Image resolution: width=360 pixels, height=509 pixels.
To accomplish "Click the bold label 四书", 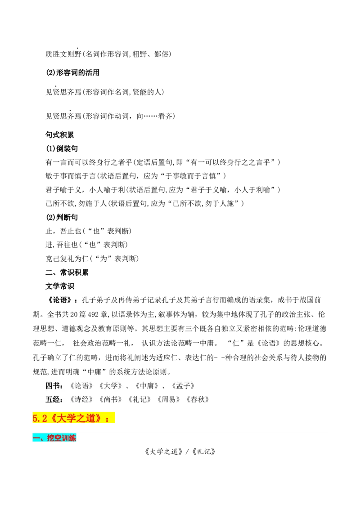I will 53,386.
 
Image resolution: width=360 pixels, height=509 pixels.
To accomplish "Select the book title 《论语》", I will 81,386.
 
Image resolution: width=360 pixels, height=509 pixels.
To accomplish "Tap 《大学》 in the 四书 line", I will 110,386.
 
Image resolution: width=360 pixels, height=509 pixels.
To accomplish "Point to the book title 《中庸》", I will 147,386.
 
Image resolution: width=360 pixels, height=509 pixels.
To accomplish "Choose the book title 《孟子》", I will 183,386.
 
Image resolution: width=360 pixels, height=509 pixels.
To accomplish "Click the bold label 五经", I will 53,399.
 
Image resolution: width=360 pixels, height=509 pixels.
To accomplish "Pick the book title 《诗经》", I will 81,399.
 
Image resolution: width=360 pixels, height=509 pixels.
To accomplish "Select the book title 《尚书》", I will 110,399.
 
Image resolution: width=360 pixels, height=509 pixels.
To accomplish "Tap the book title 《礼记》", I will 139,399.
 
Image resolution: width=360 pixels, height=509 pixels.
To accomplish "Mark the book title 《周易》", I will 168,399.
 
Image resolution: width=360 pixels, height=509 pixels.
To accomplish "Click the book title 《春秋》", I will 198,399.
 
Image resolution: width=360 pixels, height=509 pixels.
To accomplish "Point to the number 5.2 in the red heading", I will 40,419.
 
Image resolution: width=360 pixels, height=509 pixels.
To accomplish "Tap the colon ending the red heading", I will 107,420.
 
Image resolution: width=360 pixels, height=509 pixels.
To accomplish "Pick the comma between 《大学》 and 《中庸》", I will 128,387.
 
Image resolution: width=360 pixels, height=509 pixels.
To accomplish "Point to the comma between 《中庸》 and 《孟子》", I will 165,387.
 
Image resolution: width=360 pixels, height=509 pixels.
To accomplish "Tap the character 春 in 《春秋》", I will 194,399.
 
